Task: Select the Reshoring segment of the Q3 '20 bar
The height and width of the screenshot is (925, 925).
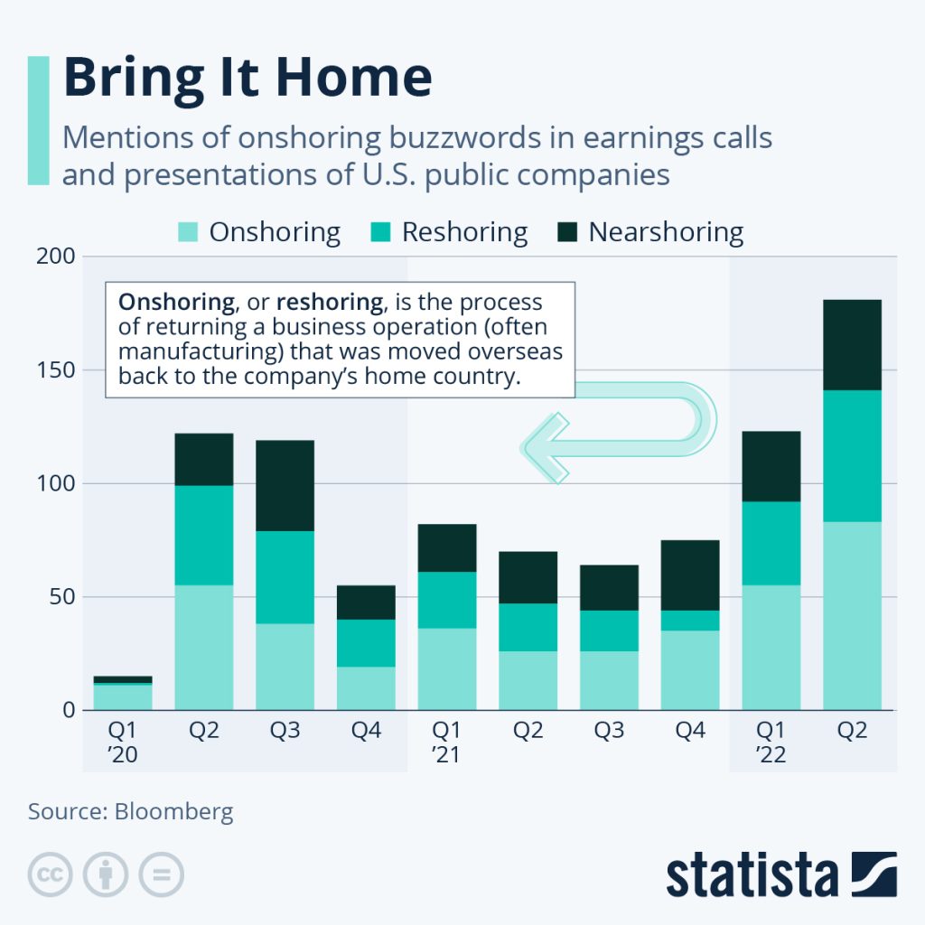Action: point(285,577)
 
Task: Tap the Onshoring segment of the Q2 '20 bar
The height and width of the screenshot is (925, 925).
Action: point(203,647)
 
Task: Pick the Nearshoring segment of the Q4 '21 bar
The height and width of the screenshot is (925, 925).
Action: point(689,575)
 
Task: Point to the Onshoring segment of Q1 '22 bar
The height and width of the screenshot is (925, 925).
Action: point(771,647)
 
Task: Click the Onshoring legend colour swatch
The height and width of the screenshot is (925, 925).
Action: point(187,232)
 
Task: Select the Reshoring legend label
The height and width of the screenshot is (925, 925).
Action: point(464,232)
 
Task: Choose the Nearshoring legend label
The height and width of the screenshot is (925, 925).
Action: point(666,232)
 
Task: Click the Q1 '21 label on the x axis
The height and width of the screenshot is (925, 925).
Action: point(446,742)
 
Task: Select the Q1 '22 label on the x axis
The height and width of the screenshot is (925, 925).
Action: point(771,742)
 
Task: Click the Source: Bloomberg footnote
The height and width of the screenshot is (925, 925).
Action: point(130,811)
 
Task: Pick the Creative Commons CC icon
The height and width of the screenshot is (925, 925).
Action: point(51,874)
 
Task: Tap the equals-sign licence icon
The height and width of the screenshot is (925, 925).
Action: point(162,874)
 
